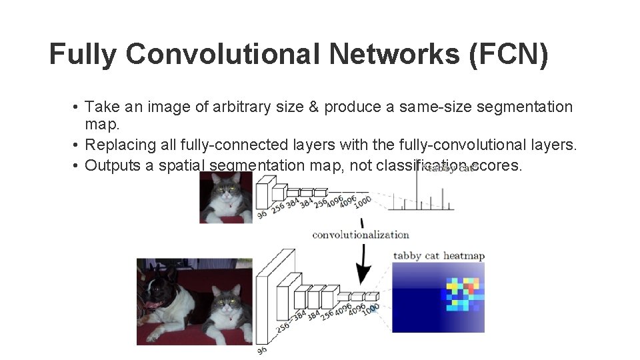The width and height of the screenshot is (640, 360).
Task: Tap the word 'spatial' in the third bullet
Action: tap(182, 165)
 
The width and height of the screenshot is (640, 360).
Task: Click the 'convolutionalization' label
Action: tap(360, 235)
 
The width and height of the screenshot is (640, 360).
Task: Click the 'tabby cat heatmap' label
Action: tap(439, 255)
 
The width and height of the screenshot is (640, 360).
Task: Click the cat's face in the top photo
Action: tap(227, 193)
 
